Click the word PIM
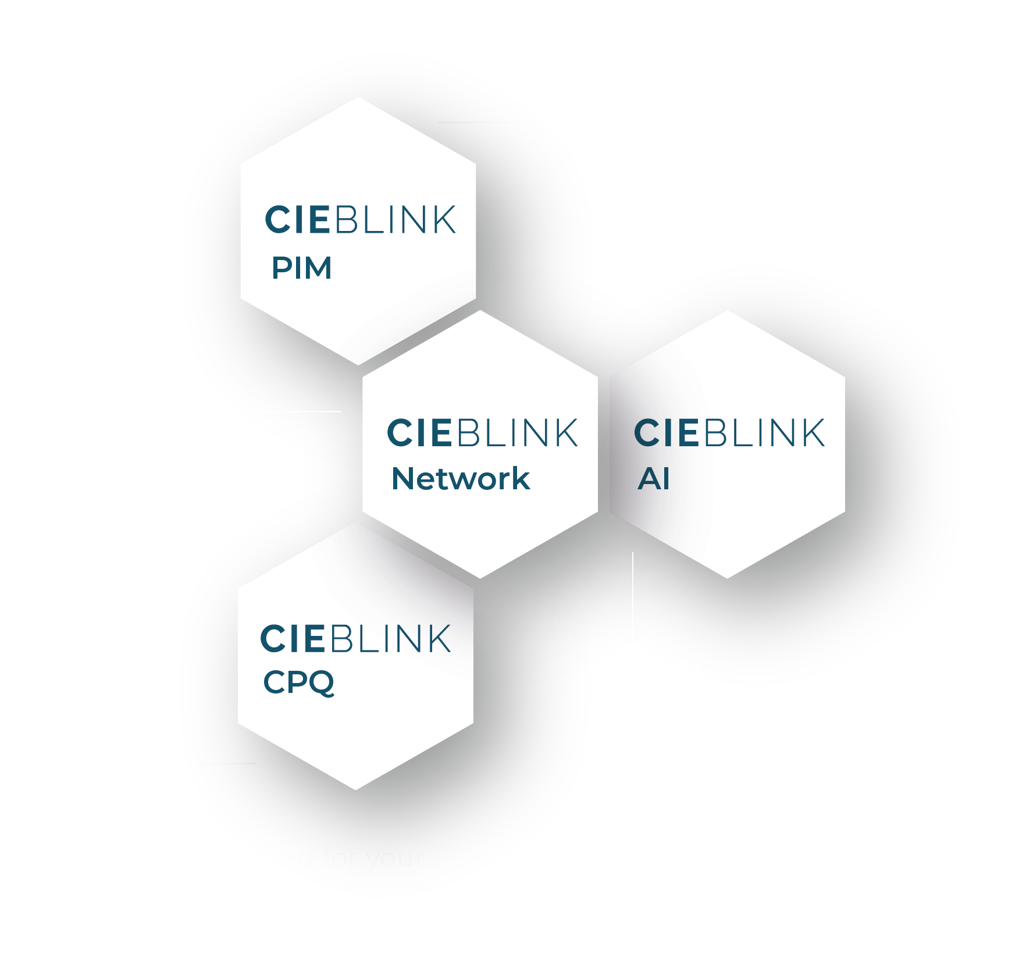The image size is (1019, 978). (301, 268)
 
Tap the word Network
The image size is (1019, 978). (461, 479)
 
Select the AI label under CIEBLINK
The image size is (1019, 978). (654, 479)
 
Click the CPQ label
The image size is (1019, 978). (298, 682)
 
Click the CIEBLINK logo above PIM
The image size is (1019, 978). (360, 220)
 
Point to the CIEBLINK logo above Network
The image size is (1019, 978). (482, 433)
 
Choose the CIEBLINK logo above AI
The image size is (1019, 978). (729, 433)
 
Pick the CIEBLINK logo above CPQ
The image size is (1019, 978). (355, 639)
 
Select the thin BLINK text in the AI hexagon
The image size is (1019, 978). (765, 433)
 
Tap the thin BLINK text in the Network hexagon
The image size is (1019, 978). (518, 433)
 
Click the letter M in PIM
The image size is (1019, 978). (317, 268)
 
